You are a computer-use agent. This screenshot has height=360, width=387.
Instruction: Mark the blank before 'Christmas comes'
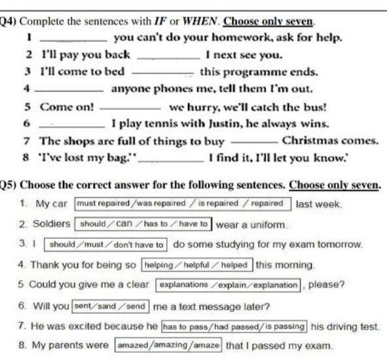point(254,143)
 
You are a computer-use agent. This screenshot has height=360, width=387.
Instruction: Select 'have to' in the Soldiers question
point(193,224)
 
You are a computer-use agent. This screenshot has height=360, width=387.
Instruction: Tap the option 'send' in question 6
point(136,306)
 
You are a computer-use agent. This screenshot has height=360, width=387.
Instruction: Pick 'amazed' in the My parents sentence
point(133,345)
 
